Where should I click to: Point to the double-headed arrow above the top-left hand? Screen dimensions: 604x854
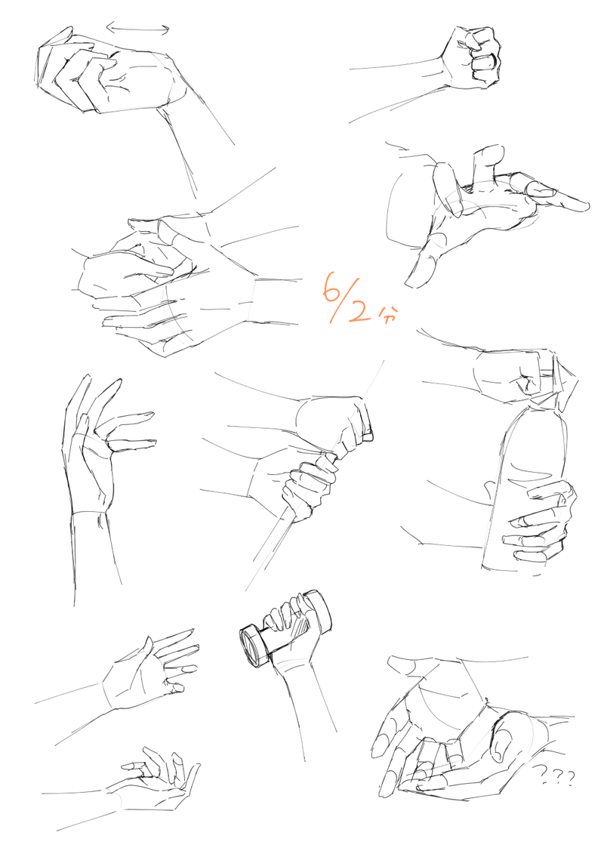138,29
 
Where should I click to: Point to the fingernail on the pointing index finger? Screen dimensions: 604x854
541,190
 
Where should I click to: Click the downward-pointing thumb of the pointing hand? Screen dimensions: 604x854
425,261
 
